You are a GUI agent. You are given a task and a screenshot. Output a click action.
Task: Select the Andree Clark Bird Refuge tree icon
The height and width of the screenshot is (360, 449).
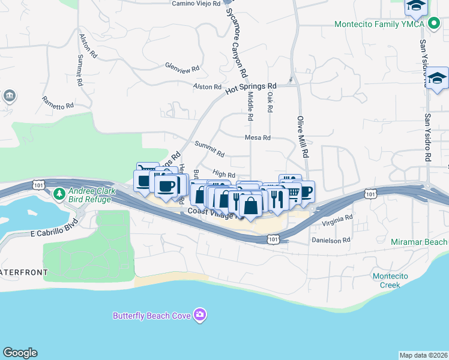coord(59,194)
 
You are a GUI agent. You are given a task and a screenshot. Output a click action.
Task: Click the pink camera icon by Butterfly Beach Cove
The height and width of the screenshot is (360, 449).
coord(200,315)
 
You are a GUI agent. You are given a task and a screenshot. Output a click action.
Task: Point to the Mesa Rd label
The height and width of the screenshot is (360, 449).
coord(258,137)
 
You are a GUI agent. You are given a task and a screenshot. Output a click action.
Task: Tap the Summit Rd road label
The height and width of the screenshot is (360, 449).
coord(209,149)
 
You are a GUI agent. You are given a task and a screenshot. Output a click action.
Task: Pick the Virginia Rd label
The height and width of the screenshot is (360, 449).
coord(337,221)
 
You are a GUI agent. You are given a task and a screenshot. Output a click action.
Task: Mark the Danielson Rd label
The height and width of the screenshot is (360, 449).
coord(330,240)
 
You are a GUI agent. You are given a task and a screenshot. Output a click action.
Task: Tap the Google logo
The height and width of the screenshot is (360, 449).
coord(20,353)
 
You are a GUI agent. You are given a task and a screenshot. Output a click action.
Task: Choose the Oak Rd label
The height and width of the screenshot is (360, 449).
coord(270,102)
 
